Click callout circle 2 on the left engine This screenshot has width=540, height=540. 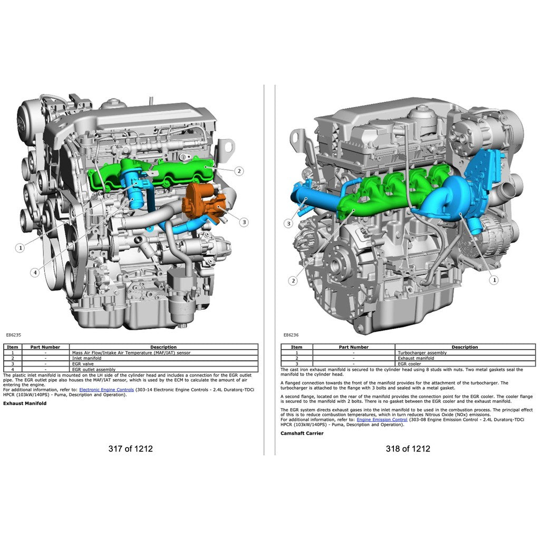239,171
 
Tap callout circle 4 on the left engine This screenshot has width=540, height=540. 35,272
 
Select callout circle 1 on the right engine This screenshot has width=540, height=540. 494,280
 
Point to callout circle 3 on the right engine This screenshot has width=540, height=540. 288,224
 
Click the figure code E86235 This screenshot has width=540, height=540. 13,334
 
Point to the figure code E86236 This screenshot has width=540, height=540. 291,334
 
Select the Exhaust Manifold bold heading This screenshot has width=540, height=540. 25,403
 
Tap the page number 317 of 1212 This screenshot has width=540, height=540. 130,449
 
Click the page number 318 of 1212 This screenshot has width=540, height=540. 408,449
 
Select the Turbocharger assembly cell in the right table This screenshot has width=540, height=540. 422,353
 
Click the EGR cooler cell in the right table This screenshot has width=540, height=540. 410,364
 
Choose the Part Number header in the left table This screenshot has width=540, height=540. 45,347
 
